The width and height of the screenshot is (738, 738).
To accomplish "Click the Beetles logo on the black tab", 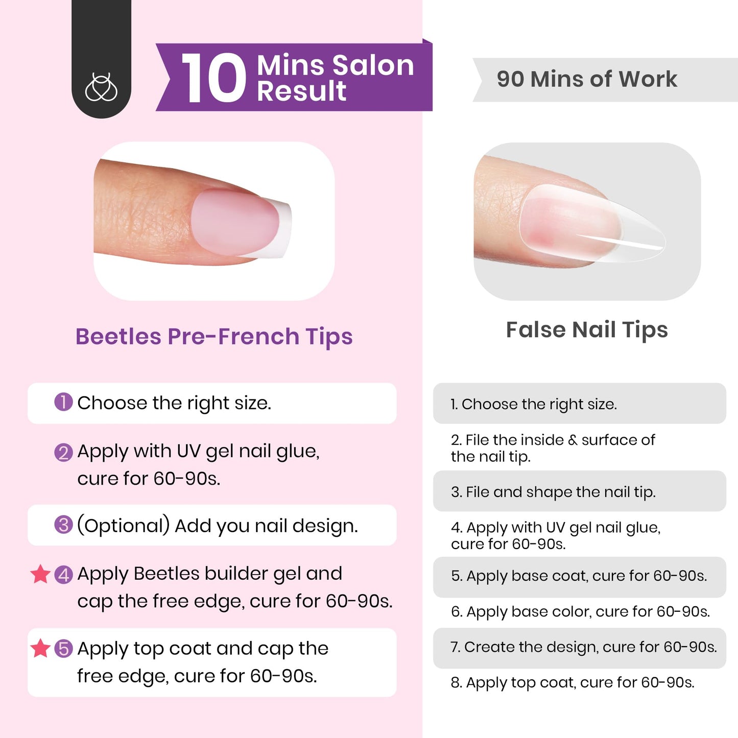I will (x=101, y=87).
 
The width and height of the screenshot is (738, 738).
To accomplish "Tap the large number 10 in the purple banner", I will (x=213, y=79).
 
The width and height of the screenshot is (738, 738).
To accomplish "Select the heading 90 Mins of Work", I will (x=587, y=79).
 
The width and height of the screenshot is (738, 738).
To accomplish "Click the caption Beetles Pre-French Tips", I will (x=214, y=337).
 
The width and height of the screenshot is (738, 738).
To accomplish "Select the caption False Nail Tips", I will (x=587, y=330).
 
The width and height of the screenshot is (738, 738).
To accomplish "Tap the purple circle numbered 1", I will (x=63, y=402).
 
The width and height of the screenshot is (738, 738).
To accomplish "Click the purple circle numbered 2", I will (x=63, y=452).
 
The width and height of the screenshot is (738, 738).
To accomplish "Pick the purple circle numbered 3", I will (x=63, y=525).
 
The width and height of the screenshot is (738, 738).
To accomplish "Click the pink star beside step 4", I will (x=40, y=574).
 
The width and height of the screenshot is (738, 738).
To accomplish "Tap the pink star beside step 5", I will (x=40, y=649).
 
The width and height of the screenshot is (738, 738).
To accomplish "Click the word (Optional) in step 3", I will (x=123, y=526).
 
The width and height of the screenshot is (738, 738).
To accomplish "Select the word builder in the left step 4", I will (x=234, y=574).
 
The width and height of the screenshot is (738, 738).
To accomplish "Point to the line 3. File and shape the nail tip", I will (x=553, y=492).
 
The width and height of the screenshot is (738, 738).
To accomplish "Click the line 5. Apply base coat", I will (x=579, y=576).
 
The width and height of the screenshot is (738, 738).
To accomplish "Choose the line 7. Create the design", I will (x=583, y=647).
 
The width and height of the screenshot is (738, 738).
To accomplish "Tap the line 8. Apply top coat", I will (x=572, y=683).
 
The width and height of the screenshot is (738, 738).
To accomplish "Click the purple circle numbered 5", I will (x=63, y=649).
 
